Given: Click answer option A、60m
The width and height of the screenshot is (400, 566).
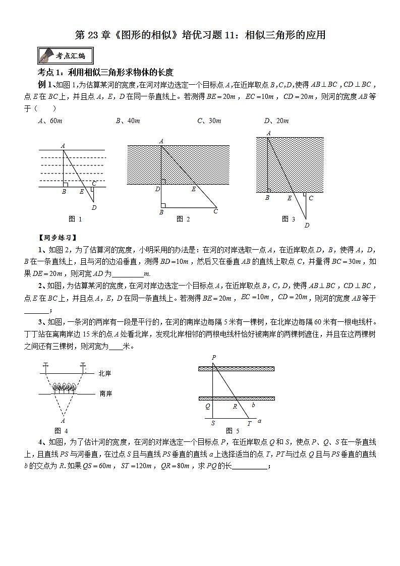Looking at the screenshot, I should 50,121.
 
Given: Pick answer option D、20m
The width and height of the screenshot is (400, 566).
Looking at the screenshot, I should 276,121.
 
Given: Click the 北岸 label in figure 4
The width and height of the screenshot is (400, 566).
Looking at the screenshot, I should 105,373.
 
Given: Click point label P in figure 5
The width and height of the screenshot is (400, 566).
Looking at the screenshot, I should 214,358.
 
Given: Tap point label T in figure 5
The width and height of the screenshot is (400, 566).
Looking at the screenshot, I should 249,423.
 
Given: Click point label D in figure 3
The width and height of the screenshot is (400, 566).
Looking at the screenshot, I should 306,225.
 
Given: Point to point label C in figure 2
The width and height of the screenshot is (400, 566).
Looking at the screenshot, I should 215,211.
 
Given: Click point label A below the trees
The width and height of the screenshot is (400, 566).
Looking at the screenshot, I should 63,420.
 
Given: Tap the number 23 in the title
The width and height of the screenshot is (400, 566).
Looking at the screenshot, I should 94,35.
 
